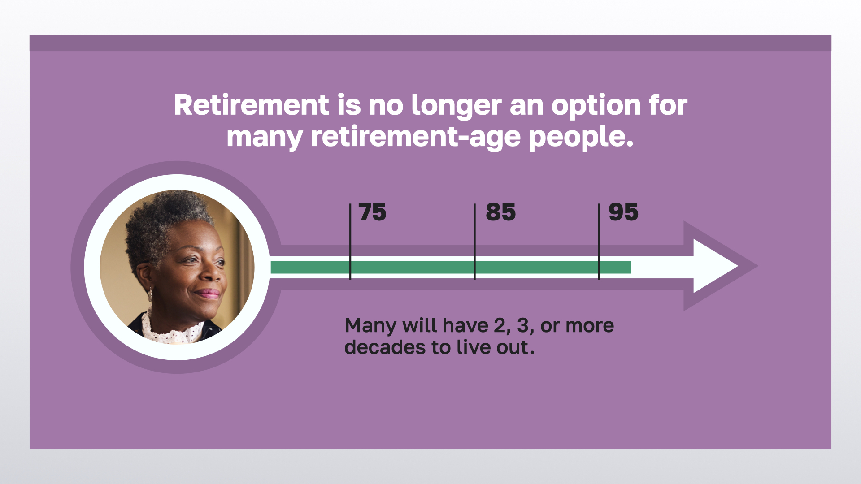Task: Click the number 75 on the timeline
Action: [372, 212]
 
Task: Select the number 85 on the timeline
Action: [500, 212]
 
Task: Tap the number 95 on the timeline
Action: [623, 212]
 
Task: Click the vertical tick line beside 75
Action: [350, 242]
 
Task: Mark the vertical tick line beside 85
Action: [474, 242]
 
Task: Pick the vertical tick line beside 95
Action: [599, 242]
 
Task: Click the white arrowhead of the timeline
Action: [713, 266]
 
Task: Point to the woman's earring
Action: [150, 294]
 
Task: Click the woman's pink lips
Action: [207, 294]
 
